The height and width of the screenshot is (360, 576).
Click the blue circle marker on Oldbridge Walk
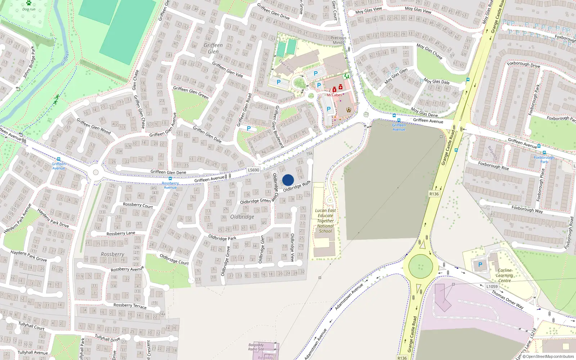pos(288,180)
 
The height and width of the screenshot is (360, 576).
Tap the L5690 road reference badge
pos(253,170)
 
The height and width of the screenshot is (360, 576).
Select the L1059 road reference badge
pos(492,287)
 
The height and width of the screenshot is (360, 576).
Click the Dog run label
pos(29,9)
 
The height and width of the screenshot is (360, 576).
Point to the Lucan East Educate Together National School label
pos(325,221)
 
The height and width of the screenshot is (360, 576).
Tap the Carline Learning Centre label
pos(504,275)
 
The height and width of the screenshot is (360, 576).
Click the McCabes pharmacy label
pos(334,95)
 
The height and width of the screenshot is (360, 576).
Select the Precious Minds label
pos(338,40)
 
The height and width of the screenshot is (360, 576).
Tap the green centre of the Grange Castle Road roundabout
pos(420,266)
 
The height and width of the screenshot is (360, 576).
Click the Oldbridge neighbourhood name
pos(242,217)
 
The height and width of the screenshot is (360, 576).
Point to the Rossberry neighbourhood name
pos(112,254)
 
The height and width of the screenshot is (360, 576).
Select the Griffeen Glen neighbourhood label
pos(213,48)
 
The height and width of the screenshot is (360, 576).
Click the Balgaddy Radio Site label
pos(256,347)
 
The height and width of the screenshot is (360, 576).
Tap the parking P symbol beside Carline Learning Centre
pos(480,265)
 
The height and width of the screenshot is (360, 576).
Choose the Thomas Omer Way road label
pos(508,300)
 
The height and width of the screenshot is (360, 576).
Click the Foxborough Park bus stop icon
pos(544,153)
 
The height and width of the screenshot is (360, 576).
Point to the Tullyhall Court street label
pos(32,326)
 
